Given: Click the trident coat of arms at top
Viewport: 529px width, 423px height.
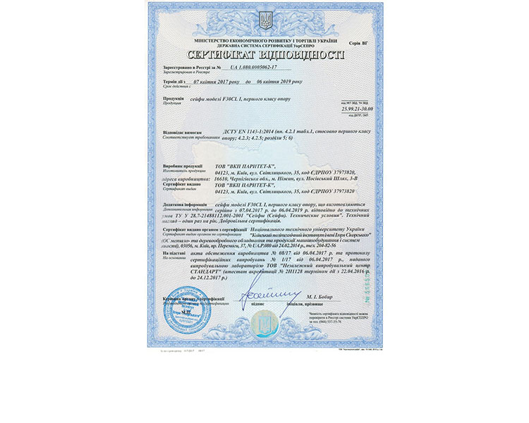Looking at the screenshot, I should (x=265, y=20).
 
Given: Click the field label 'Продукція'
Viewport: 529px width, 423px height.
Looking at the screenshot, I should (x=174, y=98).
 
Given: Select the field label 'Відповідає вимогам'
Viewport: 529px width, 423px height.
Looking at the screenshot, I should (x=182, y=131).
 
